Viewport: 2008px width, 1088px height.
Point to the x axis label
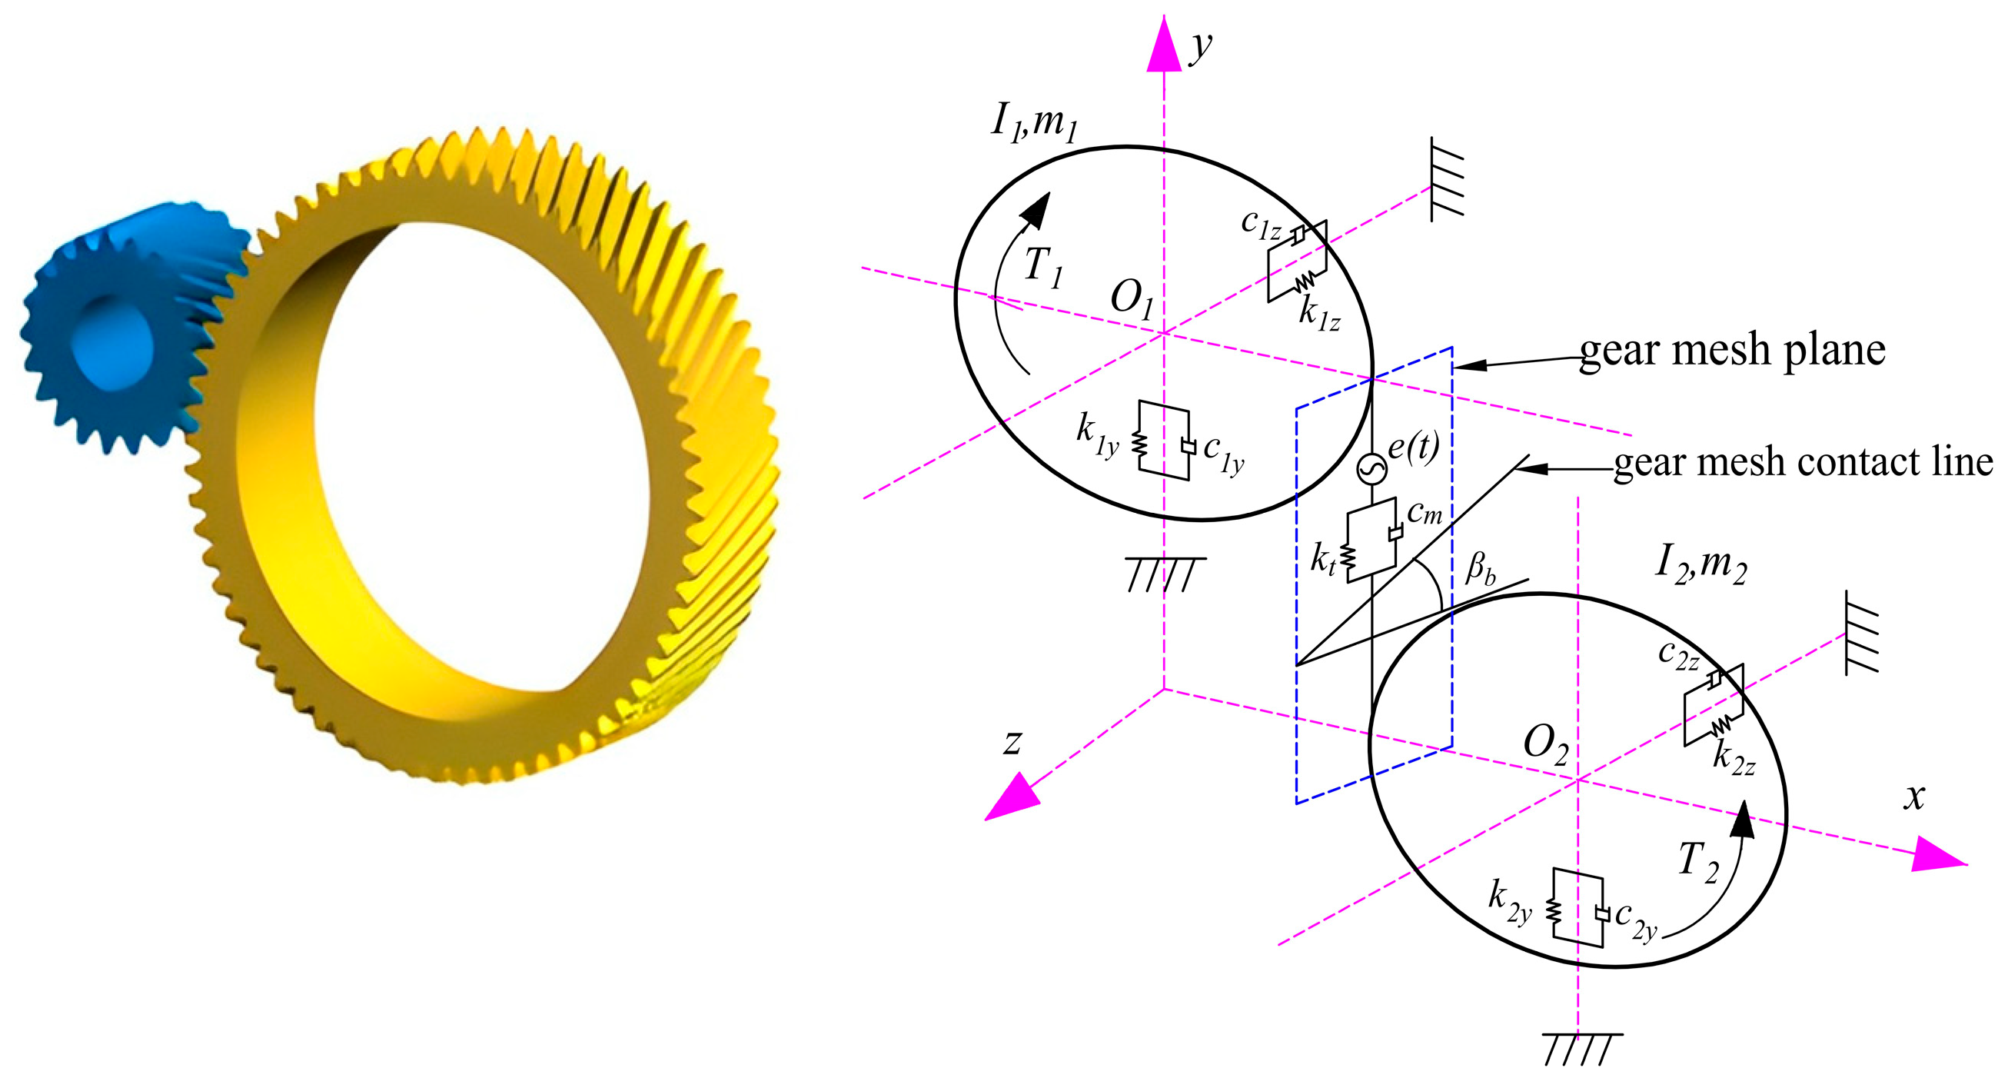[1913, 797]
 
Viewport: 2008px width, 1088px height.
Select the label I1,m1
[1035, 124]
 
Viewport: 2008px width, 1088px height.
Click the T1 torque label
[1043, 268]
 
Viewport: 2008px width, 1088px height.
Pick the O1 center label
[1132, 300]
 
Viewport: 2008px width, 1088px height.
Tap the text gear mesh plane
[1732, 349]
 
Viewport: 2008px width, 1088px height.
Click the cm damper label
[1425, 512]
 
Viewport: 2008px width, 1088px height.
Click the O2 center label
[1546, 744]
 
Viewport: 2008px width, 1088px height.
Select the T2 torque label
[1698, 862]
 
